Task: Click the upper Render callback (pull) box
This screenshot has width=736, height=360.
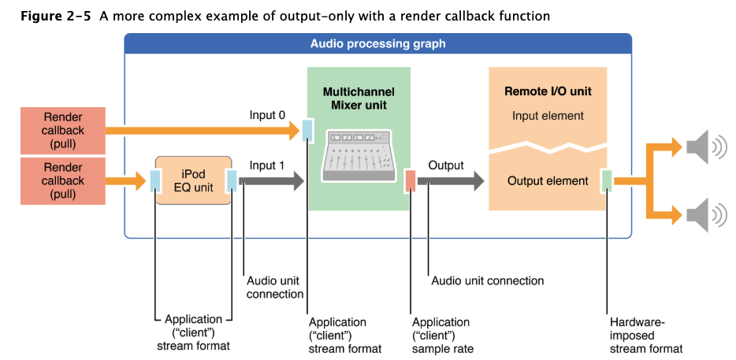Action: (63, 131)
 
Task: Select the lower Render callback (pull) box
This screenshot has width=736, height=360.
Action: (63, 180)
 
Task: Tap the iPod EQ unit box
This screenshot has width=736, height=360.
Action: (193, 180)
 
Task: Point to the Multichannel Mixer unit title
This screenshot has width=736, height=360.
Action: (359, 98)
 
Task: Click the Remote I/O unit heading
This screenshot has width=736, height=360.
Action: (548, 91)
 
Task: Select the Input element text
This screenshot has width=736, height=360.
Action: (548, 116)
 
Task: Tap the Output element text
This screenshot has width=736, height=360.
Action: (548, 180)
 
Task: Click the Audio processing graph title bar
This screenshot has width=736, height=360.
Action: (378, 43)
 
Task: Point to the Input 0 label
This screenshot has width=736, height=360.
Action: (267, 116)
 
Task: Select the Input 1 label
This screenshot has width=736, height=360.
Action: (267, 165)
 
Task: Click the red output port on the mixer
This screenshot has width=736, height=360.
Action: (411, 181)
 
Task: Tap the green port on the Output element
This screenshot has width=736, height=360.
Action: (607, 181)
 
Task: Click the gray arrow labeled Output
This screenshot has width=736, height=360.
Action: (451, 181)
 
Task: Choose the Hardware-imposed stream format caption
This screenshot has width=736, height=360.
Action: (646, 336)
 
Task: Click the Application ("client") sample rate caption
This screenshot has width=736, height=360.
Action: (443, 336)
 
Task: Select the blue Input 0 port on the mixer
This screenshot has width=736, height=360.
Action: (307, 131)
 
